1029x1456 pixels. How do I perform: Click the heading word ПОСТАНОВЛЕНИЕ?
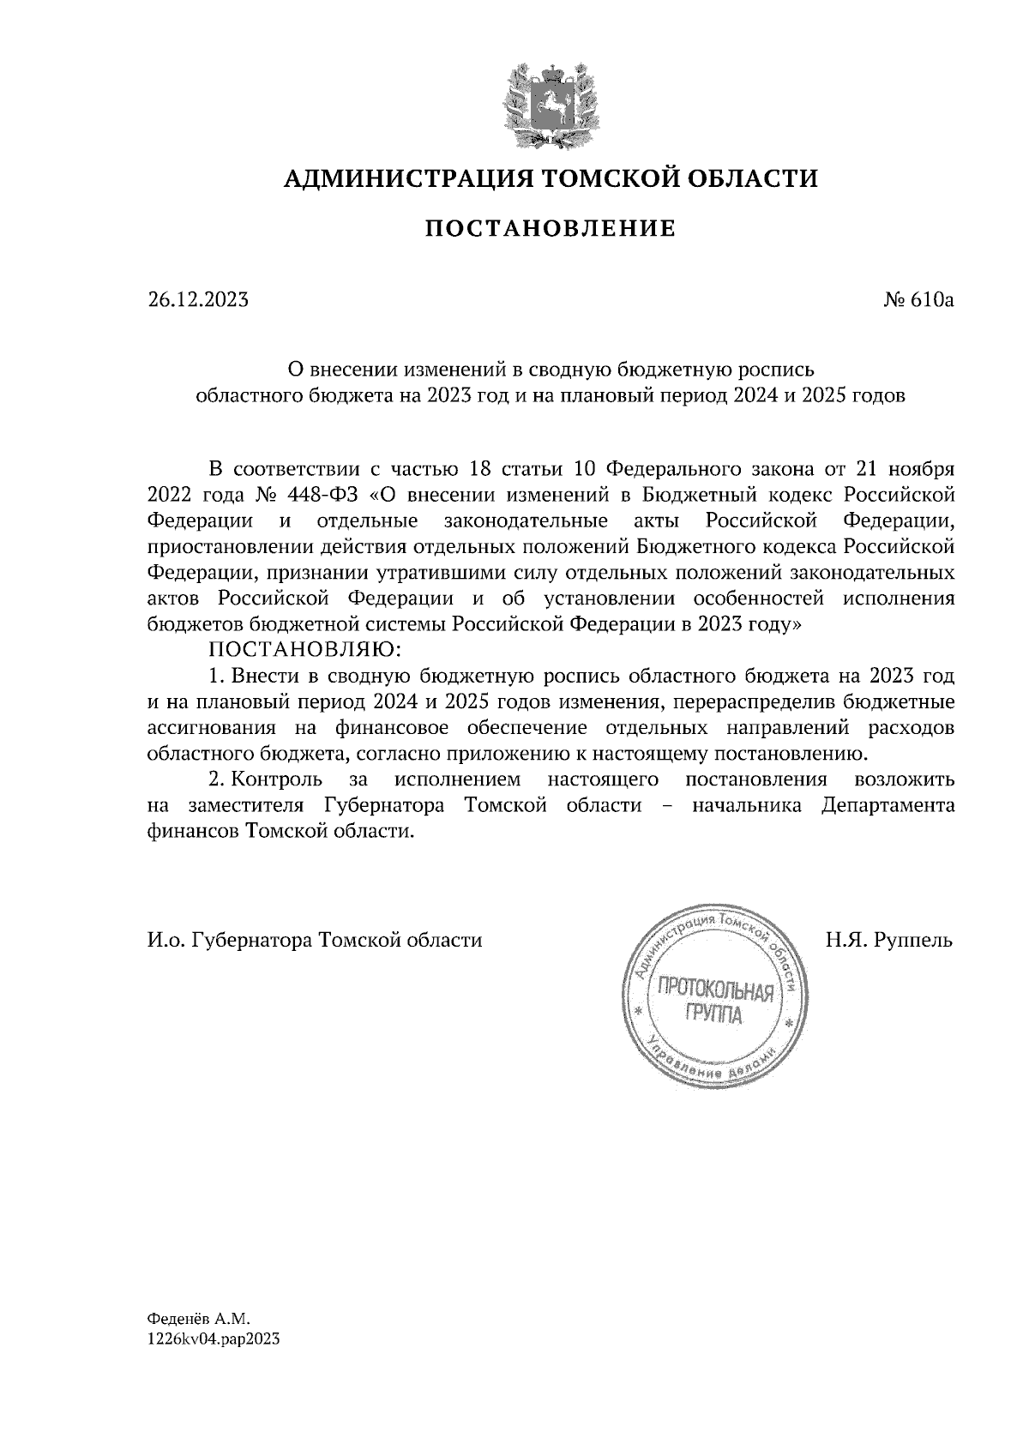[x=550, y=229]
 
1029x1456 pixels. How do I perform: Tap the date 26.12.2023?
[x=197, y=300]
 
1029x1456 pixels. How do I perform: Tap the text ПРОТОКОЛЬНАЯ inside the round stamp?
[x=714, y=993]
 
